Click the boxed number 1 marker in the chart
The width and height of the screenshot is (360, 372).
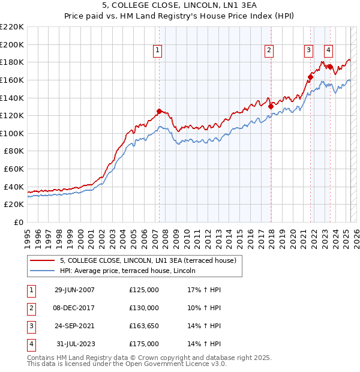[157, 51]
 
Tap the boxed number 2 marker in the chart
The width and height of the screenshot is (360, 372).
[269, 51]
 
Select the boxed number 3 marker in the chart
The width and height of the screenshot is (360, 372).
[308, 51]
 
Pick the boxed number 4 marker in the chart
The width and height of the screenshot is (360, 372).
[329, 51]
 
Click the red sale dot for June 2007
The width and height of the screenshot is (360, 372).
[159, 111]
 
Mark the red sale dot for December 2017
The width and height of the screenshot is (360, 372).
[271, 107]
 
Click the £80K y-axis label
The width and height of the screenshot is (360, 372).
[14, 151]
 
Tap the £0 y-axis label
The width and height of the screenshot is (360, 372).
[19, 223]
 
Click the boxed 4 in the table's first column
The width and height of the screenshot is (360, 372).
[31, 344]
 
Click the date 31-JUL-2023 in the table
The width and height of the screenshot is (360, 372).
[74, 344]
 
